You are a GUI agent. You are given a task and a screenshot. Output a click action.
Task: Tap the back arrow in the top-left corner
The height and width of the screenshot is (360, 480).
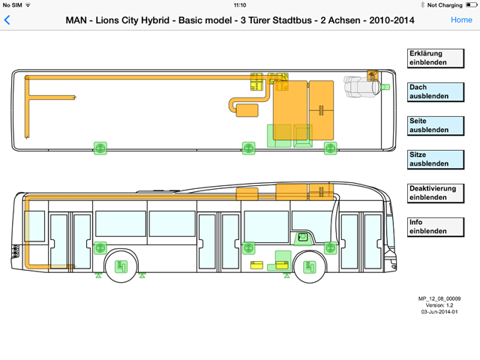pos(7,20)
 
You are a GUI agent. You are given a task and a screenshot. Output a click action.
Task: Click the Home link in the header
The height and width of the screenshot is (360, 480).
pos(461,20)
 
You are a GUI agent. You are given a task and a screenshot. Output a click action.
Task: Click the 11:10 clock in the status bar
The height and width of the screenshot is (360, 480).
pos(240,4)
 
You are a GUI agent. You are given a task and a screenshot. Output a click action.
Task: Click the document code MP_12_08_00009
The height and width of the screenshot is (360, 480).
pos(439,298)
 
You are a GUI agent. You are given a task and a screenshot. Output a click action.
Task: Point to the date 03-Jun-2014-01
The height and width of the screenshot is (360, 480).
pos(439,312)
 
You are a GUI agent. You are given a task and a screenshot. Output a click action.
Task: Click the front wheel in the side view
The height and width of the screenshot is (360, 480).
pos(308,265)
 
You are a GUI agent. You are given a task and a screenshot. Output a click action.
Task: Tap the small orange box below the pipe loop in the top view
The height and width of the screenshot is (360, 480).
pos(246,109)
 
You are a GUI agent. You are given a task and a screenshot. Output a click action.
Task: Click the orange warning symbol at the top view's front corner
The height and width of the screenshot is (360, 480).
pos(371,73)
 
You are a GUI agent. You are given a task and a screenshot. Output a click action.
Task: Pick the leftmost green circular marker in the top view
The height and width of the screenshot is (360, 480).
pos(99,147)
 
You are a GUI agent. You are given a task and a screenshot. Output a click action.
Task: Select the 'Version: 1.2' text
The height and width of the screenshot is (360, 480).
pos(439,305)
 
